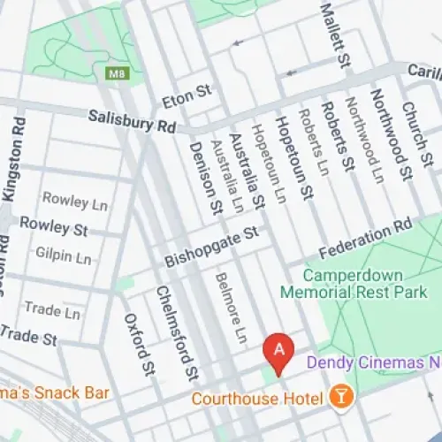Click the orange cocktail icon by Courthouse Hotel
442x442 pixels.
click(x=337, y=399)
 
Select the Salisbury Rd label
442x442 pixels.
click(x=133, y=122)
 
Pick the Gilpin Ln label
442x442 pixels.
click(x=63, y=258)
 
